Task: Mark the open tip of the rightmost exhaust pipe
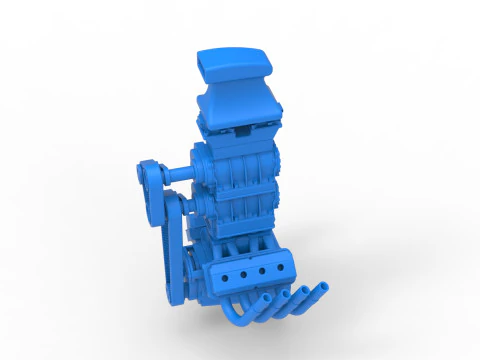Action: [x=325, y=289]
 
